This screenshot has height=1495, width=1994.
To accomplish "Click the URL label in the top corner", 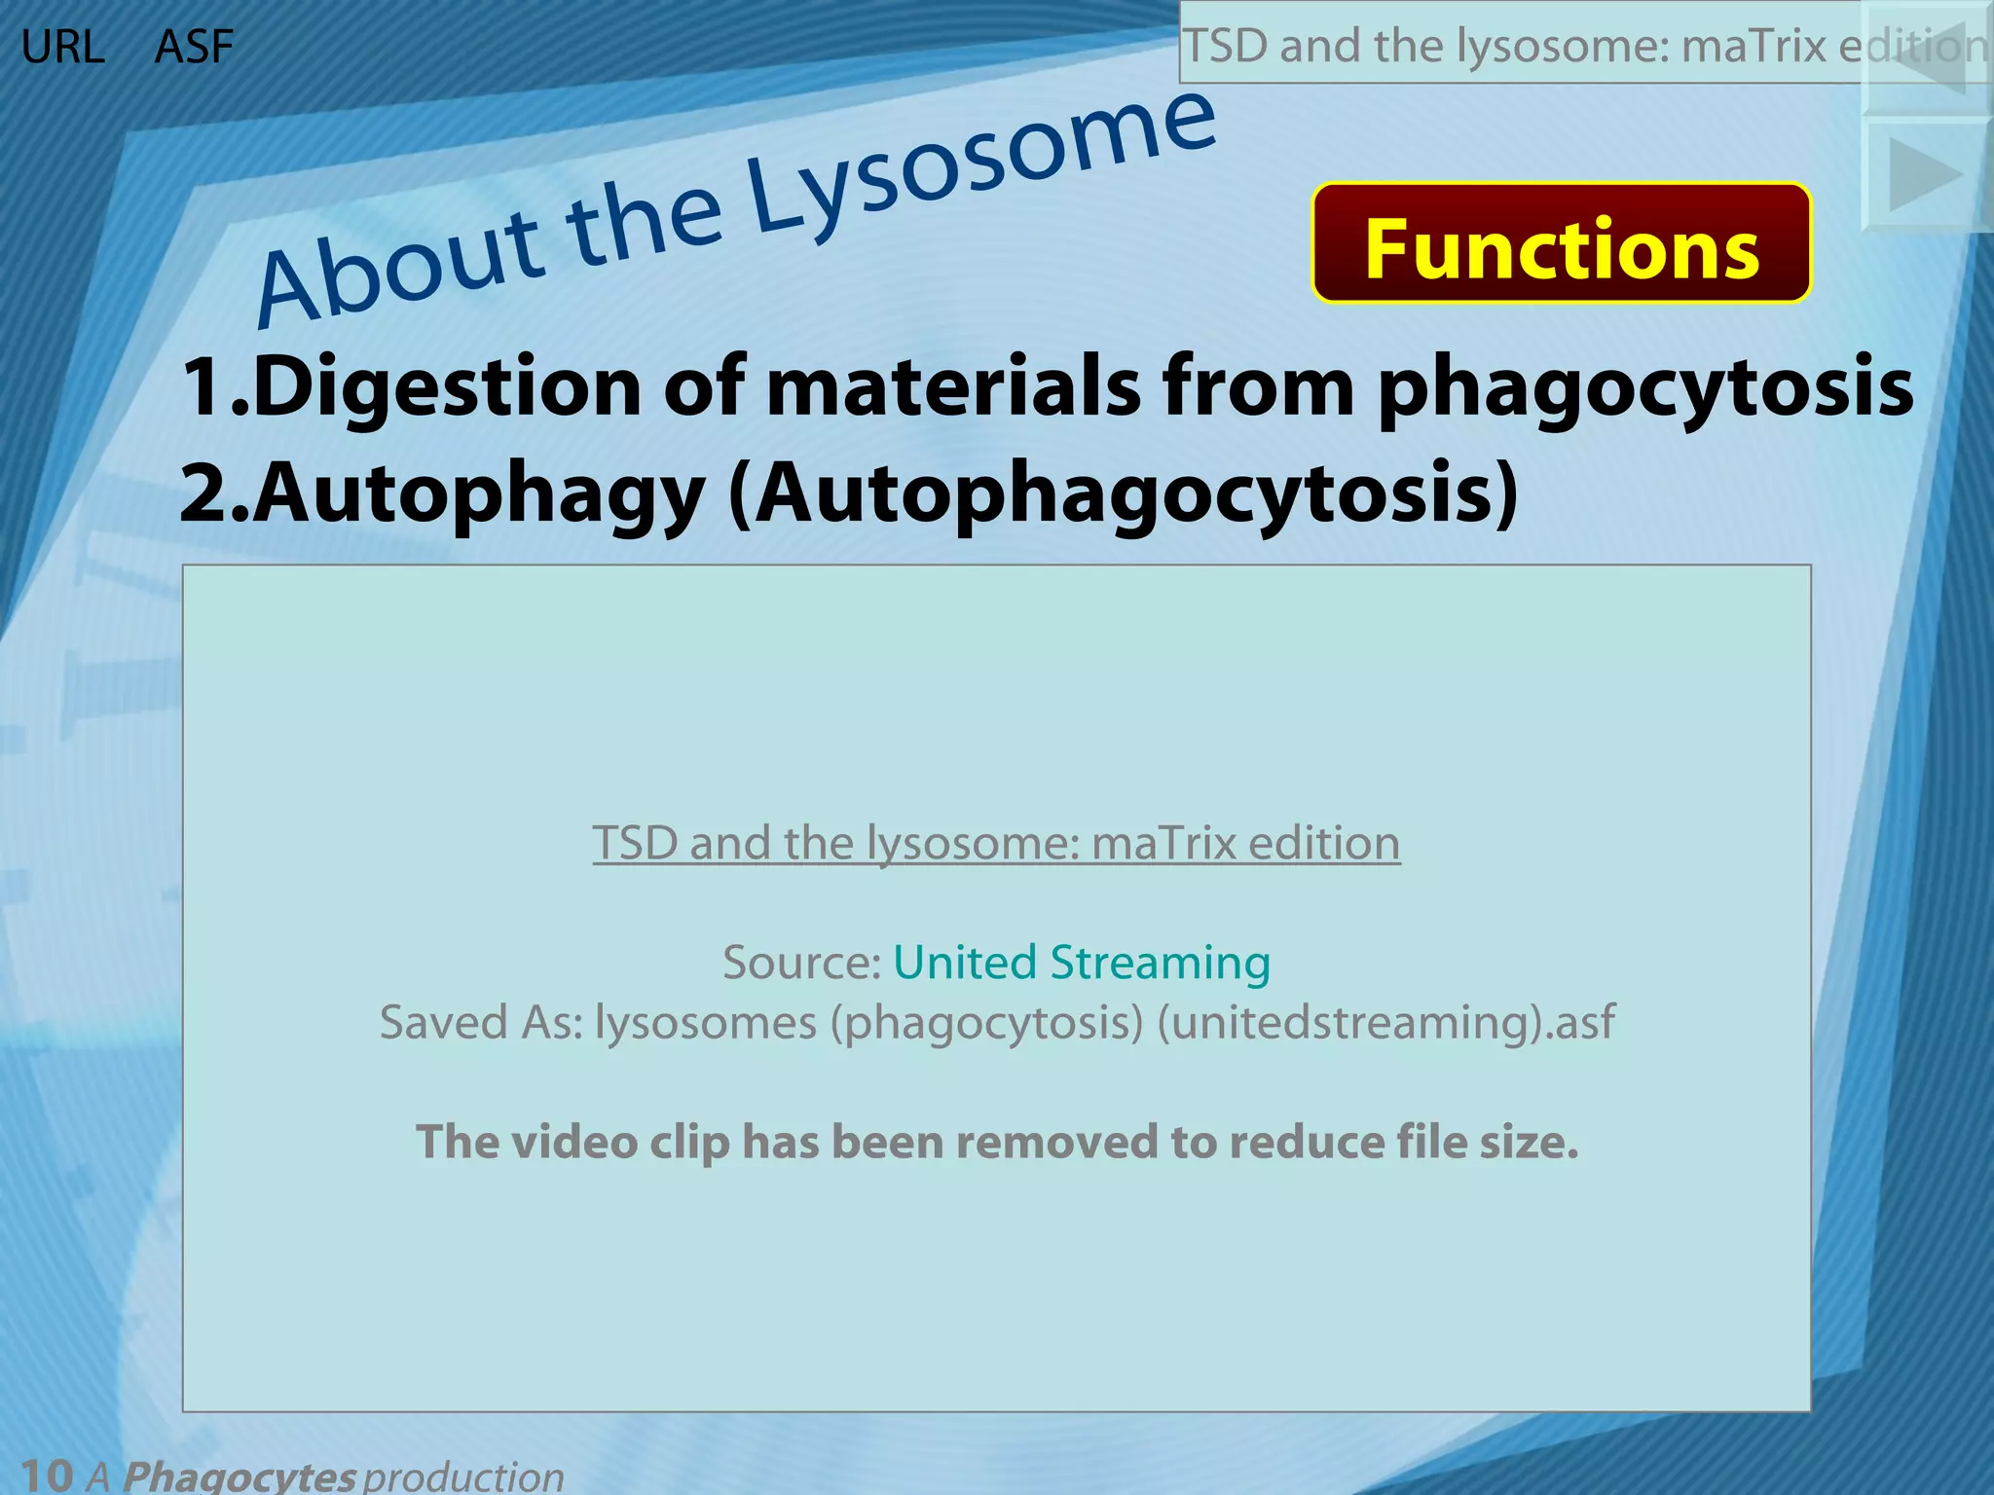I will (x=62, y=47).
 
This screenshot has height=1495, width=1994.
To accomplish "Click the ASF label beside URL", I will (x=194, y=47).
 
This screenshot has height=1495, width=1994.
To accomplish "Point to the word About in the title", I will (x=399, y=269).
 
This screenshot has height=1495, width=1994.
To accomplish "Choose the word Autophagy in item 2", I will (x=479, y=492).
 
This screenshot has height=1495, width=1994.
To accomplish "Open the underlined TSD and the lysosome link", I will (x=996, y=843).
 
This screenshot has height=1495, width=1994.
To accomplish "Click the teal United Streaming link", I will (x=1082, y=963).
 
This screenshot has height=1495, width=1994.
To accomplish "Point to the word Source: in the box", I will (x=801, y=963).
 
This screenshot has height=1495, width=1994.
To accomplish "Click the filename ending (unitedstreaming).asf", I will (x=1385, y=1023).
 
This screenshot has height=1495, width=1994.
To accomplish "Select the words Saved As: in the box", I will (x=481, y=1023).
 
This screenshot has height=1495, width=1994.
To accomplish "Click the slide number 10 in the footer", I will (x=47, y=1475).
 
